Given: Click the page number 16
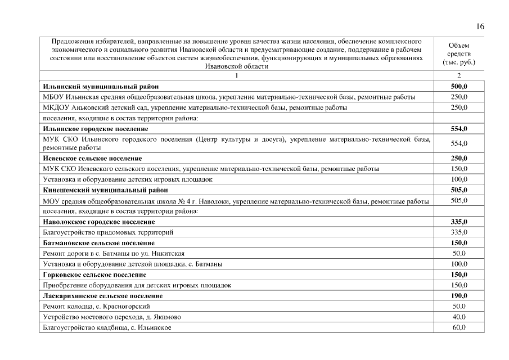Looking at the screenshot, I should coord(480,26).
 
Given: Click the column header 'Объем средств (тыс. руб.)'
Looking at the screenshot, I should coord(459,53).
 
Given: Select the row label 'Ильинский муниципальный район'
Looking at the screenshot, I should coord(101,87).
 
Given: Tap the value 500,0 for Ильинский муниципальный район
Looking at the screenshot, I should coord(459,87).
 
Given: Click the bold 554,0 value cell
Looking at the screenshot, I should coord(459,129).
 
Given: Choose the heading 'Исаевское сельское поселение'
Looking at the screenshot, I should coord(92,158).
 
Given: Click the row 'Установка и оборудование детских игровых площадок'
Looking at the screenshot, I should coord(128,179).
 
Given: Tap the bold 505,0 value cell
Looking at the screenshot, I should coord(459,190).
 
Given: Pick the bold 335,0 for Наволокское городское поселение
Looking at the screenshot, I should coord(459,222).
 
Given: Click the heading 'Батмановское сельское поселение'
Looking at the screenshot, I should coord(98,242).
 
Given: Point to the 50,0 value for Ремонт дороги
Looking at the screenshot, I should coord(459,253).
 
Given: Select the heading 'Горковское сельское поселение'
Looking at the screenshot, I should coord(94,274).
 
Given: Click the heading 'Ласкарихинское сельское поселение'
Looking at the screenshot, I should coord(103,295).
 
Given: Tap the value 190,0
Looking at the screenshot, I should coord(459,295).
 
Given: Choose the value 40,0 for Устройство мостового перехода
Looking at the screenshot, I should coord(459,317).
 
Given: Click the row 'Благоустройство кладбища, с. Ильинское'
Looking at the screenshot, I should coord(107,327).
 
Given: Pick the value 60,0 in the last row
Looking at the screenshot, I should coord(459,327).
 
